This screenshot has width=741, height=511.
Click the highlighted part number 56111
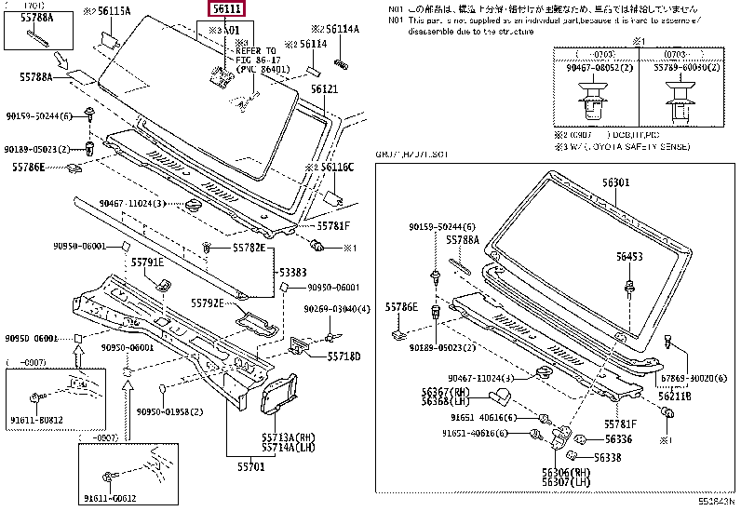(x=226, y=10)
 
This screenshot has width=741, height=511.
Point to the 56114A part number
(x=340, y=29)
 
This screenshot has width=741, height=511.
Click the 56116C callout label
(x=336, y=167)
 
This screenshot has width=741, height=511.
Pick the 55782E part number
(x=249, y=249)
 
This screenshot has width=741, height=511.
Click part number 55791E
(x=147, y=263)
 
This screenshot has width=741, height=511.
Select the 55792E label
(x=209, y=303)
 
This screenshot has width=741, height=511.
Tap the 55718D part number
(x=317, y=356)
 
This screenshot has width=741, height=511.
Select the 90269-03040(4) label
(x=336, y=309)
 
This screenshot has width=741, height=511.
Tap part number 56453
(x=628, y=255)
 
